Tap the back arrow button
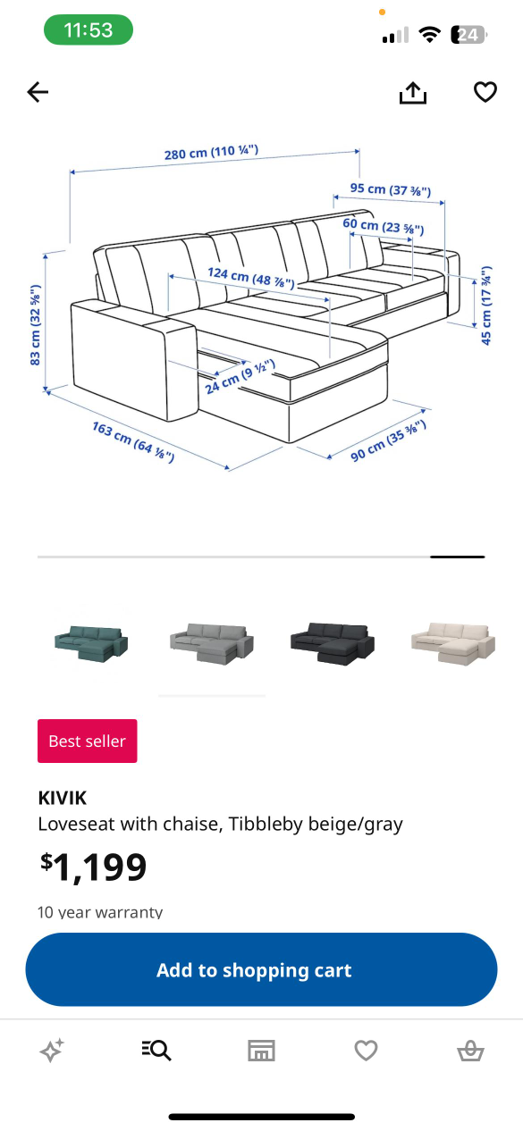tap(38, 92)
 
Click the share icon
tap(413, 92)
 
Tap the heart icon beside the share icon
tap(485, 92)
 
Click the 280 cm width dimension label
tap(211, 153)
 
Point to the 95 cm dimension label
tap(391, 189)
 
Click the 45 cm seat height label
tap(486, 306)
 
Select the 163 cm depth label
tap(132, 440)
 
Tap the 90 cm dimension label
tap(387, 440)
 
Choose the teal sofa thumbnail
tap(91, 640)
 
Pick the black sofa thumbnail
tap(332, 641)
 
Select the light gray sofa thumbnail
tap(212, 641)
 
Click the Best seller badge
tap(88, 741)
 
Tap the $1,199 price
tap(93, 867)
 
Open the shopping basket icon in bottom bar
tap(470, 1051)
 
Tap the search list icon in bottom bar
tap(156, 1051)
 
